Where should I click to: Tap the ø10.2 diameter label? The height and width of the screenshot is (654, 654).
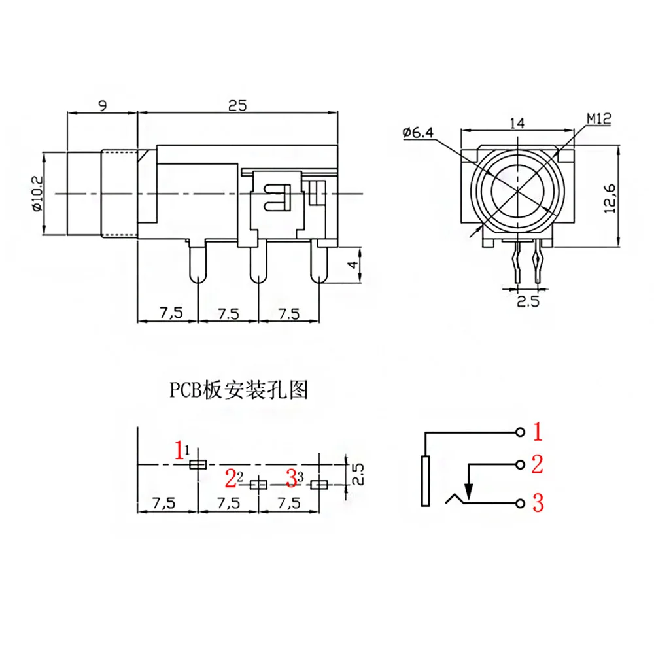36,194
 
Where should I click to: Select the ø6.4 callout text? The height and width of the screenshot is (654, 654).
419,133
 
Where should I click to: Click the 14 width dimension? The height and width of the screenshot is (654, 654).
517,122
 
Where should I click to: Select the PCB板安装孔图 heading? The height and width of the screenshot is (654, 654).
238,390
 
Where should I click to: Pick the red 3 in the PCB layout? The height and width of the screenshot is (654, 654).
292,479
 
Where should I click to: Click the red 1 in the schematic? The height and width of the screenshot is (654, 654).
538,432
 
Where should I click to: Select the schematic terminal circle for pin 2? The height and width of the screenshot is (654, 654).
520,465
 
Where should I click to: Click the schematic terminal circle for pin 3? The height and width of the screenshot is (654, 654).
520,503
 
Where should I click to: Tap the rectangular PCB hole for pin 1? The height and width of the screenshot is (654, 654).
197,464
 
